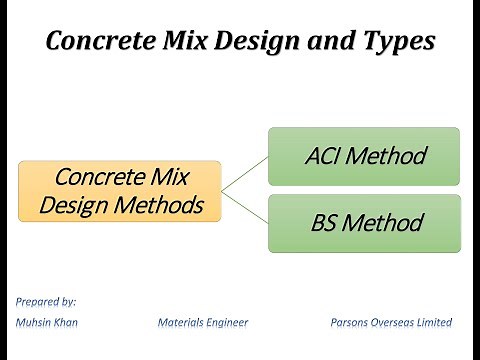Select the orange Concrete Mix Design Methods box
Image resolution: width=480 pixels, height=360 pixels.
(x=119, y=191)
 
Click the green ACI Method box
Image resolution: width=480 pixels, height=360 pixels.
(x=364, y=156)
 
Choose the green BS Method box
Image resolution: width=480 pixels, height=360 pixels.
(x=364, y=223)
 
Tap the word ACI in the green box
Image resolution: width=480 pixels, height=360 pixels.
(x=325, y=156)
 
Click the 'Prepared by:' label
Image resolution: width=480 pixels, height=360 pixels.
(x=46, y=300)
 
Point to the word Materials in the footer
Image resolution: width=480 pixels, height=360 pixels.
(x=181, y=322)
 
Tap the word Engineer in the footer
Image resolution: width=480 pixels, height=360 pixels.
(x=227, y=322)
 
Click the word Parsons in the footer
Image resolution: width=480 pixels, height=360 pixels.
(x=351, y=322)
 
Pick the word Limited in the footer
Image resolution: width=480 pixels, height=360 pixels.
(x=437, y=322)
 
